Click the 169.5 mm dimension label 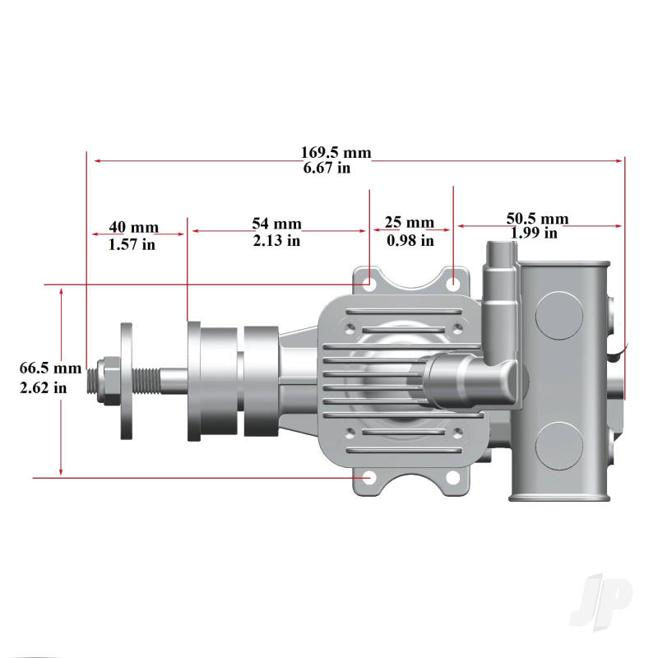pos(336,153)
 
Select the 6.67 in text pos(327,169)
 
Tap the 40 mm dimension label pos(134,228)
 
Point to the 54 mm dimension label pos(276,224)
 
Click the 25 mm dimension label pos(410,223)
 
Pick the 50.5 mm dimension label pos(537,219)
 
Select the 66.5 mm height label pos(51,368)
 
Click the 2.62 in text pos(44,387)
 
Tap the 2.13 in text pos(276,241)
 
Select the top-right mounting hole pos(453,282)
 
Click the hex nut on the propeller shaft pos(104,381)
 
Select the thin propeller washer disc pos(127,380)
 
